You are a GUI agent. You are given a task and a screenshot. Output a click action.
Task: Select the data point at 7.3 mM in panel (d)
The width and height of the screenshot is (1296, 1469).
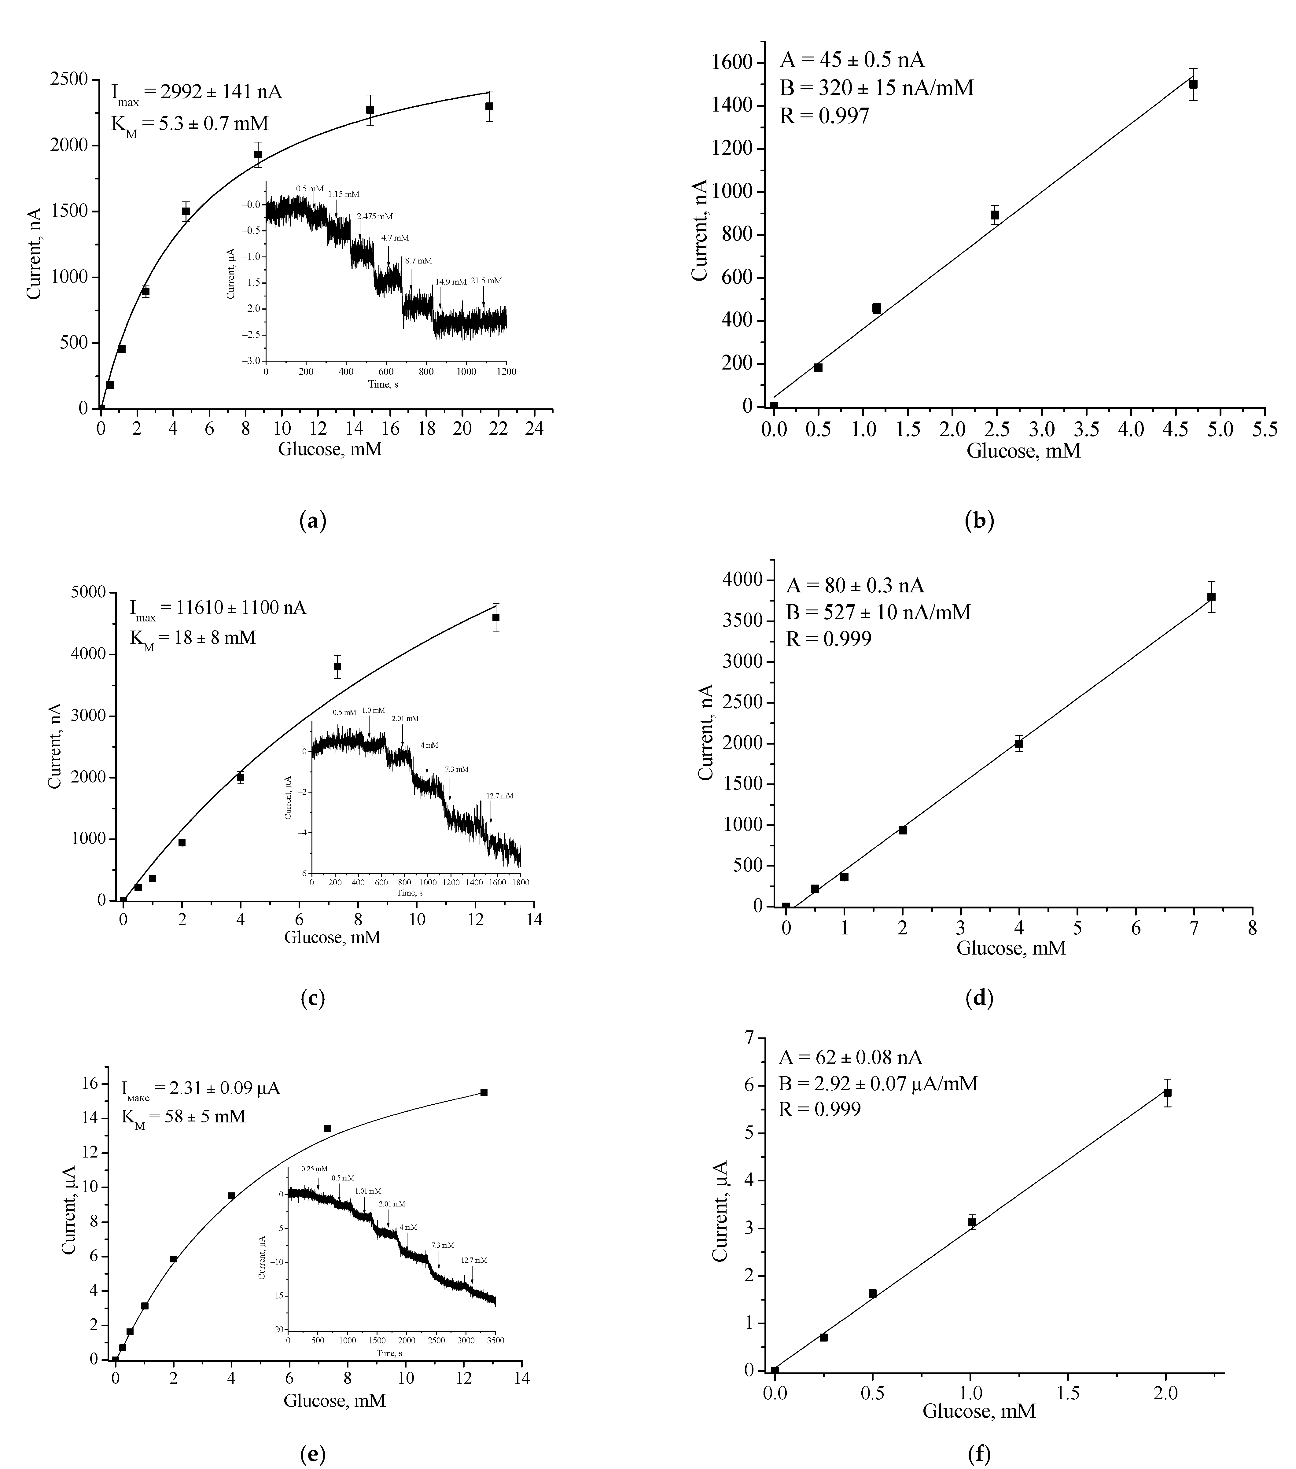pyautogui.click(x=1211, y=597)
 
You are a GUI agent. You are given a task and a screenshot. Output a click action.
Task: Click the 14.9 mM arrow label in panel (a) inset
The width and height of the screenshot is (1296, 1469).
pyautogui.click(x=451, y=282)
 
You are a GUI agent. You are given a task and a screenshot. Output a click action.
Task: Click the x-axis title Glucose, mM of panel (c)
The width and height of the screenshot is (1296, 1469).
pyautogui.click(x=332, y=937)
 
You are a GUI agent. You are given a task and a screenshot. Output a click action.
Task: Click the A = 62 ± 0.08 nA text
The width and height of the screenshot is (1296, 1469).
pyautogui.click(x=850, y=1057)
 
